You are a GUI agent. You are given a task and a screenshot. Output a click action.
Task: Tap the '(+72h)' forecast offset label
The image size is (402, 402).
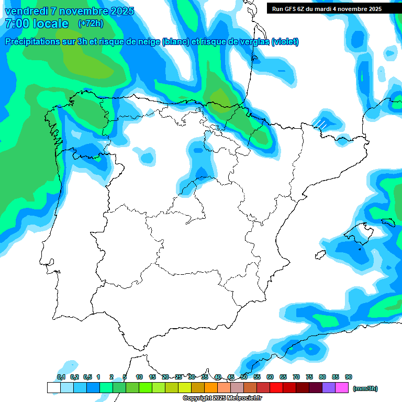(x=91, y=24)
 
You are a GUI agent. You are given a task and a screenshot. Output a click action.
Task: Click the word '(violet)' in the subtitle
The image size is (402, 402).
(x=285, y=42)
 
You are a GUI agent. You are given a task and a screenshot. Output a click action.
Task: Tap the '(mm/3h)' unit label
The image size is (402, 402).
(x=365, y=388)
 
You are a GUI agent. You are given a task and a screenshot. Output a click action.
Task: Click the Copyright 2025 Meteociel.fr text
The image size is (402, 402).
(x=222, y=398)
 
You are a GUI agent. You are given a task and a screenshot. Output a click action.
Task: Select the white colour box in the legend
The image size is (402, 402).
(x=53, y=388)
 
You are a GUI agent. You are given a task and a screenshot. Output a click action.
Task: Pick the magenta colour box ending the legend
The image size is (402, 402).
(x=342, y=388)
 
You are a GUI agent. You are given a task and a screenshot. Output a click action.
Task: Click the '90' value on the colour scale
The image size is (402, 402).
(x=349, y=377)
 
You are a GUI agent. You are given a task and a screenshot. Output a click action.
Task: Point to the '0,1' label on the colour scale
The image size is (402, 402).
(x=61, y=377)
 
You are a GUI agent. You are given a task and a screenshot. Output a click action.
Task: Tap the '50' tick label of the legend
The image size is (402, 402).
(x=244, y=377)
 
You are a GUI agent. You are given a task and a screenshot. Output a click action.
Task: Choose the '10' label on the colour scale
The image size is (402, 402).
(x=139, y=377)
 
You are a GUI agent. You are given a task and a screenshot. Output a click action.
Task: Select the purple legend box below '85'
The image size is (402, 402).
(x=329, y=388)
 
